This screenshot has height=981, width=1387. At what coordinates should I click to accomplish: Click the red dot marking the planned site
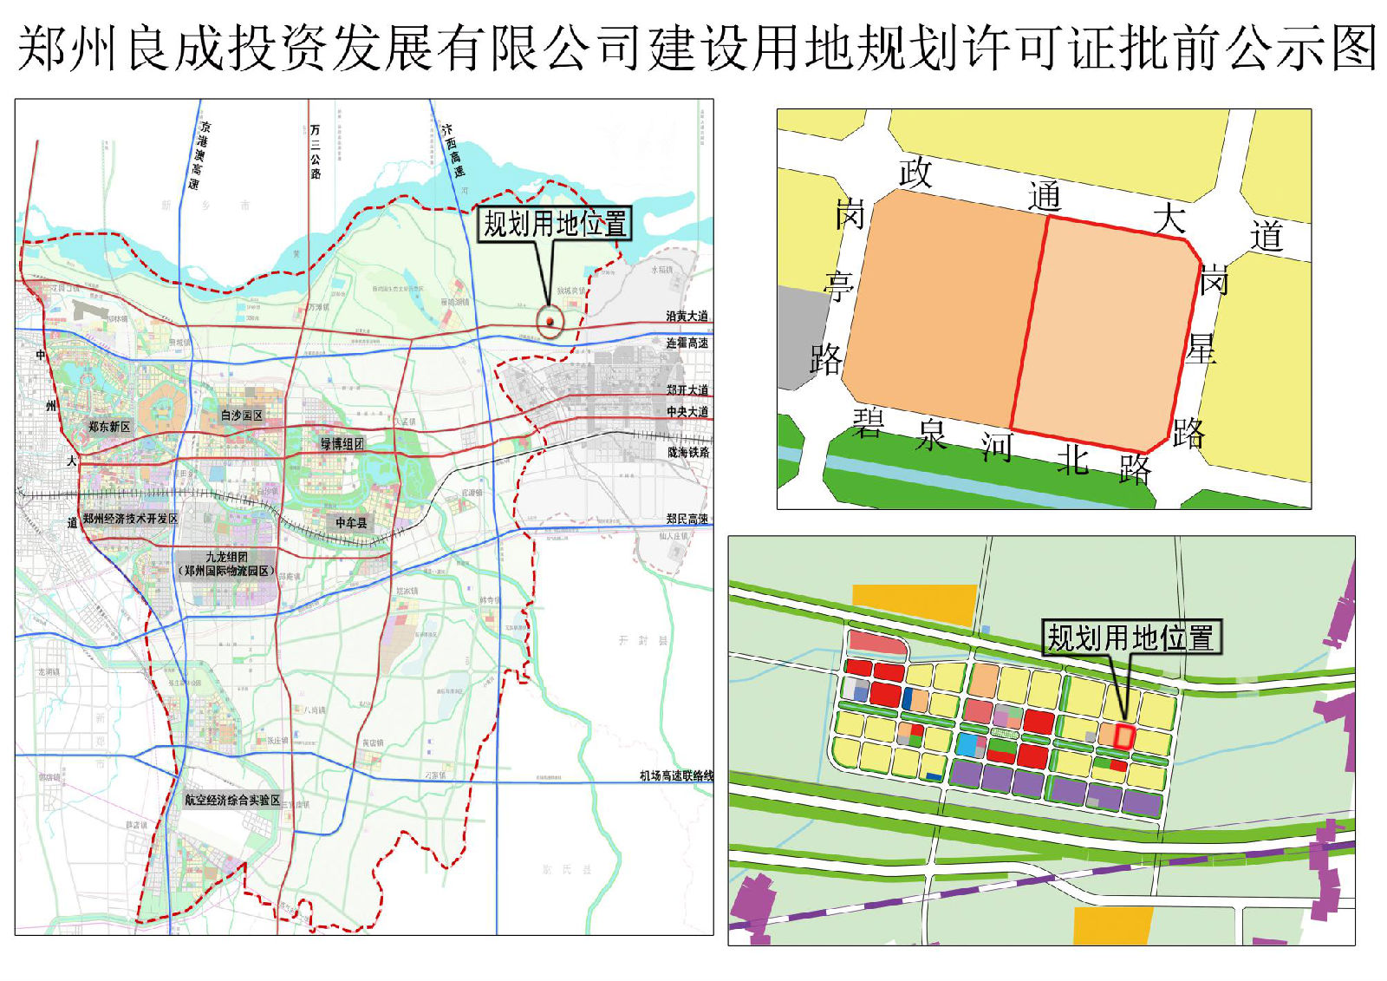[x=550, y=321]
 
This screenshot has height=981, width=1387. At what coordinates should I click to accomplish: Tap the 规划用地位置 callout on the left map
[x=555, y=224]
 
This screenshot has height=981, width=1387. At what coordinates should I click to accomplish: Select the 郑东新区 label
[x=109, y=427]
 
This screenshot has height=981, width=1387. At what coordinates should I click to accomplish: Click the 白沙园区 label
[x=241, y=415]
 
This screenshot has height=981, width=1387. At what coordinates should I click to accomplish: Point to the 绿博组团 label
[x=342, y=444]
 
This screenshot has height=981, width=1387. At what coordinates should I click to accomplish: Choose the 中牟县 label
[x=351, y=523]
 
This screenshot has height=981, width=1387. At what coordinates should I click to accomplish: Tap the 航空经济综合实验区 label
[x=232, y=800]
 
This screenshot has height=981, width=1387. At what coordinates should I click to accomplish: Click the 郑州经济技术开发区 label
[x=130, y=519]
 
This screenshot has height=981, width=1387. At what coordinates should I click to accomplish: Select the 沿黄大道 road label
[x=687, y=316]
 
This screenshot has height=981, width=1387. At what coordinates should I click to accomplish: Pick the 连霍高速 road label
[x=687, y=343]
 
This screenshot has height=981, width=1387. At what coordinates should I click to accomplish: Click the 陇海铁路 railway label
[x=687, y=452]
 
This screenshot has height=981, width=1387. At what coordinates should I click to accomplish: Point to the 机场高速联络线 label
[x=676, y=775]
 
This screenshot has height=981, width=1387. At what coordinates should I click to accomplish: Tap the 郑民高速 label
[x=687, y=519]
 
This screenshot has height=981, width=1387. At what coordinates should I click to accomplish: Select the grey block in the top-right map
[x=804, y=336]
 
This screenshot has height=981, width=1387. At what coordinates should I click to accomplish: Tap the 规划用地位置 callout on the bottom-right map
[x=1130, y=638]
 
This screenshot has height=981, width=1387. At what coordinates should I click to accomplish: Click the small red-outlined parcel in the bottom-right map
[x=1124, y=736]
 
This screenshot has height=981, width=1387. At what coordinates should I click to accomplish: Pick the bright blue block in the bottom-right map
[x=967, y=744]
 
